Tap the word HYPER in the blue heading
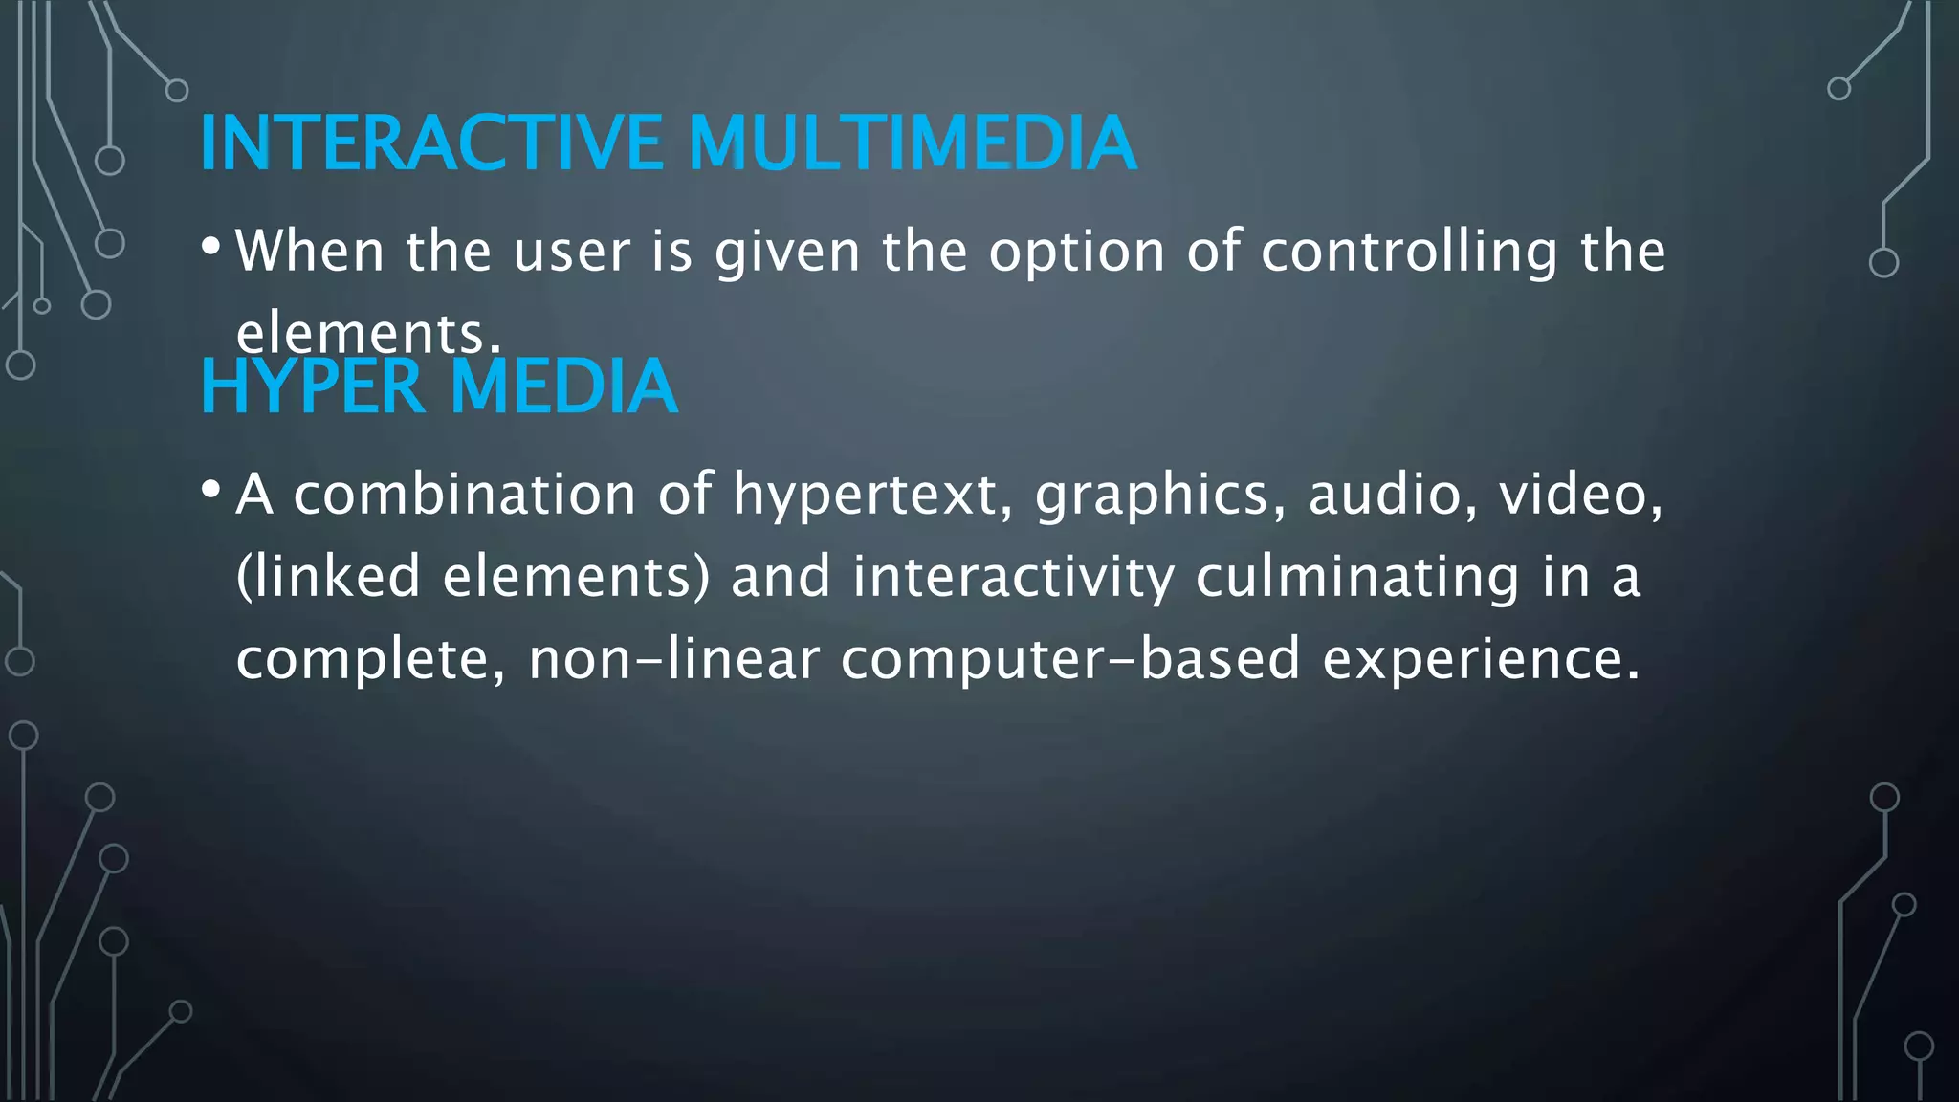pyautogui.click(x=312, y=386)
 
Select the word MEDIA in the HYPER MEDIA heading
pyautogui.click(x=563, y=386)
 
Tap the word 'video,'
pyautogui.click(x=1581, y=496)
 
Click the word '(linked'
pyautogui.click(x=328, y=578)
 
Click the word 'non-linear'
pyautogui.click(x=673, y=660)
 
